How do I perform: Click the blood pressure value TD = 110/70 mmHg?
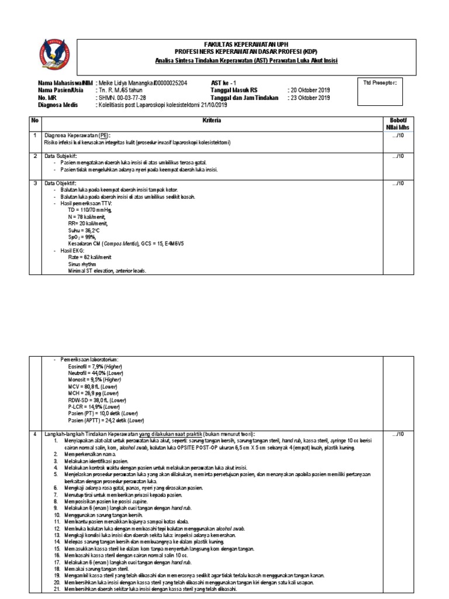click(x=89, y=209)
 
